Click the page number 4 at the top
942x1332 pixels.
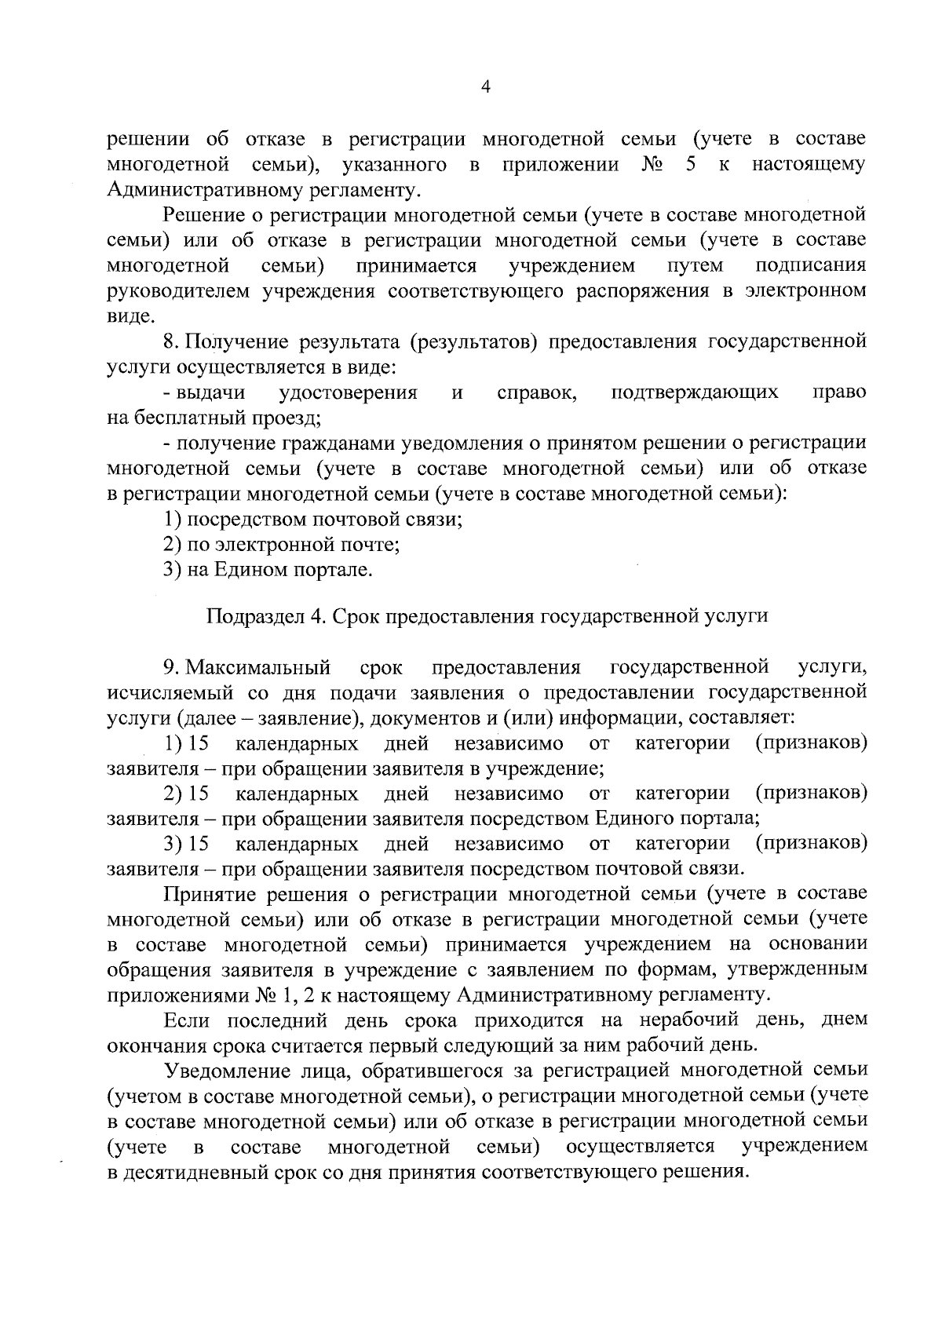click(484, 89)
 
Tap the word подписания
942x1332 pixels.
click(812, 265)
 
